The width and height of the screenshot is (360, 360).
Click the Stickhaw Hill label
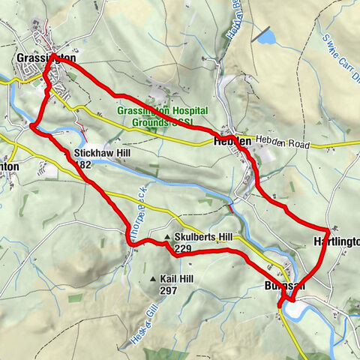(x=100, y=153)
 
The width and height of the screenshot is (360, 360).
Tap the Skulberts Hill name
(x=205, y=237)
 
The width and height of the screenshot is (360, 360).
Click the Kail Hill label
(x=177, y=279)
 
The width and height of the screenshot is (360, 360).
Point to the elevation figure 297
(x=168, y=289)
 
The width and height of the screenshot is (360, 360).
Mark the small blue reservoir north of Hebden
(x=265, y=37)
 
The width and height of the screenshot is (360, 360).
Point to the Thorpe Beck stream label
(x=137, y=211)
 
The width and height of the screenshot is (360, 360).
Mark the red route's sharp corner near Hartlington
(x=328, y=228)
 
